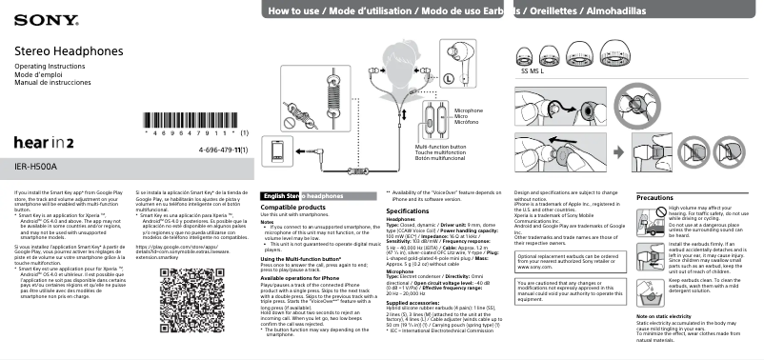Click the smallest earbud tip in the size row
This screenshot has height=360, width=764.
[526, 55]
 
